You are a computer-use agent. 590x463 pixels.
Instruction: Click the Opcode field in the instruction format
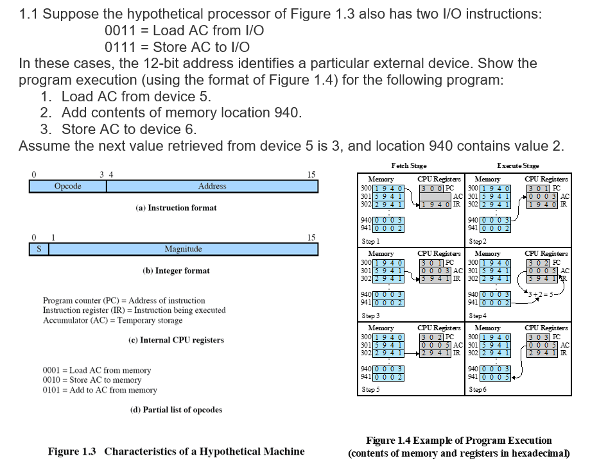(x=67, y=186)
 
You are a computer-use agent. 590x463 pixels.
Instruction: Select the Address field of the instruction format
(x=212, y=186)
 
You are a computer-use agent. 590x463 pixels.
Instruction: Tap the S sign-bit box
(x=39, y=249)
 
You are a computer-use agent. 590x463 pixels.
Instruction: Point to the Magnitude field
(x=183, y=249)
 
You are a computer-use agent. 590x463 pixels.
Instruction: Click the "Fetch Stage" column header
(x=408, y=165)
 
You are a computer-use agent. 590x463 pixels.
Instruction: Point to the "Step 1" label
(x=370, y=242)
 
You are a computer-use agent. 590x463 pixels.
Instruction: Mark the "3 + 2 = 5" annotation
(x=539, y=294)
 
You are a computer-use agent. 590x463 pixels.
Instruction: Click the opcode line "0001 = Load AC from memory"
(x=96, y=370)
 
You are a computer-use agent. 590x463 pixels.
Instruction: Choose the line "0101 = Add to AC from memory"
(x=100, y=389)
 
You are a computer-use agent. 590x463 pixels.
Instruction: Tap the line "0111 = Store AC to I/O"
(x=177, y=47)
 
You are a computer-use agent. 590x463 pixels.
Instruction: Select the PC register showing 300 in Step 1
(x=433, y=189)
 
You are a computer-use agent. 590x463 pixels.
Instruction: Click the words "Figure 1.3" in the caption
(x=72, y=451)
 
